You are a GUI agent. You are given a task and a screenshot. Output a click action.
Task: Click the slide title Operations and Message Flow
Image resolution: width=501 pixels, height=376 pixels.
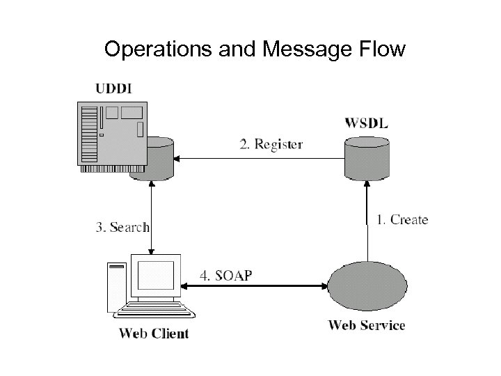point(254,49)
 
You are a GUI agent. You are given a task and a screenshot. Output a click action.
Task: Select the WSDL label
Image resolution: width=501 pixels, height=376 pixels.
point(367,123)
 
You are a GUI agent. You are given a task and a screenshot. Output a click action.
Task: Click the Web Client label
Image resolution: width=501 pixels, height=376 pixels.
point(154,333)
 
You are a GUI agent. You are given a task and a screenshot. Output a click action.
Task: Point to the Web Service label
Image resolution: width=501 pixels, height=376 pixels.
point(366,324)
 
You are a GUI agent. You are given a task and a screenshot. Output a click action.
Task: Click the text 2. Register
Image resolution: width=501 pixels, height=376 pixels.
point(270,144)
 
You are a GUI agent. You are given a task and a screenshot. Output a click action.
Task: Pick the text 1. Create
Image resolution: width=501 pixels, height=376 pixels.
point(402,219)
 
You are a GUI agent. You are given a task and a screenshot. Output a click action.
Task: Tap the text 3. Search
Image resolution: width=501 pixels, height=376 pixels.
point(122,226)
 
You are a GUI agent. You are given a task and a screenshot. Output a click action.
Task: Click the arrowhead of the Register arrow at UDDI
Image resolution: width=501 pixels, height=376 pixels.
point(177,159)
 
